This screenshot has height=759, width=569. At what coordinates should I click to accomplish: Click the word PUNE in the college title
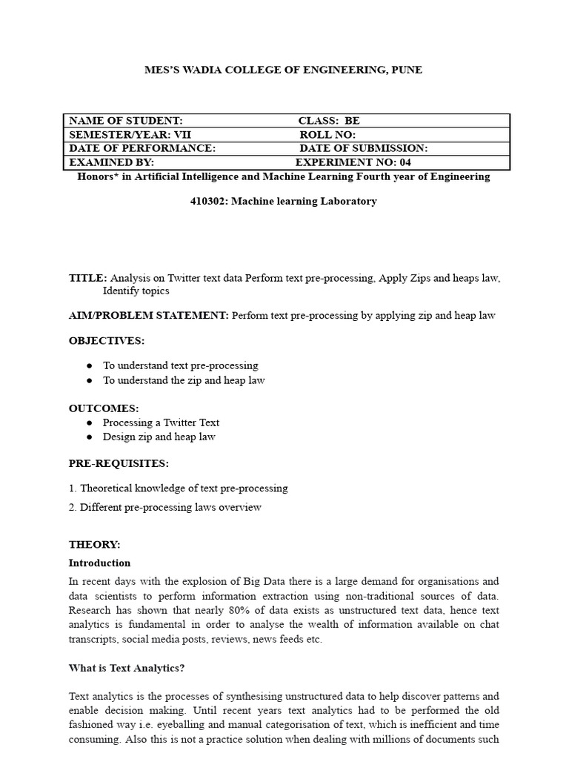[407, 70]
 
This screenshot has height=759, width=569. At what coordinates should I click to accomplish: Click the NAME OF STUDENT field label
[125, 121]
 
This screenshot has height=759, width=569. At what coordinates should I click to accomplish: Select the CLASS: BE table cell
[329, 121]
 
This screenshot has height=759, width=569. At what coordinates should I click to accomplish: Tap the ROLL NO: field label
[327, 135]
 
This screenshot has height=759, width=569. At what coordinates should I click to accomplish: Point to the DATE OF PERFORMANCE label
[142, 148]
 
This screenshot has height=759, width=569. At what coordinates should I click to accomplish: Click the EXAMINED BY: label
[111, 162]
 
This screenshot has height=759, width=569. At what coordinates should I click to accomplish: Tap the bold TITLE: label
[87, 278]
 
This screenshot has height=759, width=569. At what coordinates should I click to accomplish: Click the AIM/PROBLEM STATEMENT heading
[148, 315]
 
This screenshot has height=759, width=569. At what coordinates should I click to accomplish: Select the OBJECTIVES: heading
[107, 340]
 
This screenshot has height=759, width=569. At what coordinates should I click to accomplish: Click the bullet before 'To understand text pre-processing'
[90, 365]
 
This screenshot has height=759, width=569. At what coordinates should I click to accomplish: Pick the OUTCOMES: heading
[104, 408]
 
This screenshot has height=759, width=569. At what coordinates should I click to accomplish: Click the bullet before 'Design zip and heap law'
[90, 437]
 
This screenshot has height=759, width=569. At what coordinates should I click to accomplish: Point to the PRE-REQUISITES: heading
[119, 463]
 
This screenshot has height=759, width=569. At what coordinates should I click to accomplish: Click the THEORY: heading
[94, 544]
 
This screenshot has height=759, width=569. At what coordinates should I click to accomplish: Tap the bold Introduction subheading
[99, 563]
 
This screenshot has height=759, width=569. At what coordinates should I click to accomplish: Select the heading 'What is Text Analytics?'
[127, 668]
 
